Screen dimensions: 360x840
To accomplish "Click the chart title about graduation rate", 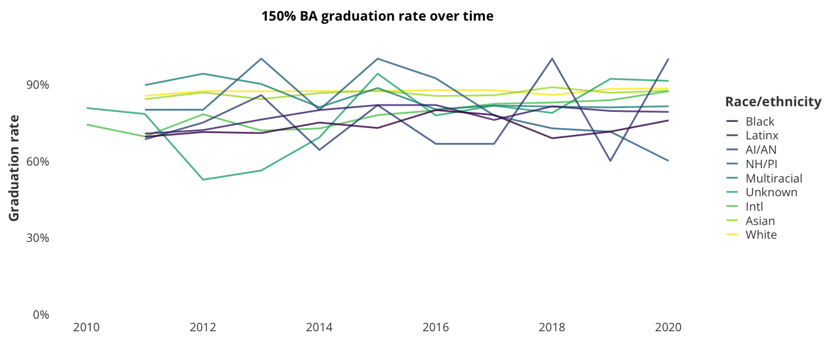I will [377, 16].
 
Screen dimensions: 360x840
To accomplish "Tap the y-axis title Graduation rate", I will [14, 167].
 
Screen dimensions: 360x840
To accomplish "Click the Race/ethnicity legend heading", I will [773, 102].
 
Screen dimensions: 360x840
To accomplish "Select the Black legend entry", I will [759, 121].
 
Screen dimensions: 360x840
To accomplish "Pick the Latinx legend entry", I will [761, 135].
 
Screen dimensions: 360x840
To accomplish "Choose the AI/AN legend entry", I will [761, 149].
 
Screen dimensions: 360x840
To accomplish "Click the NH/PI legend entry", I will [761, 164].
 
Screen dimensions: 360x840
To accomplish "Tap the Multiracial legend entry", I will [773, 178].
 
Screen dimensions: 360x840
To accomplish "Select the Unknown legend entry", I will [771, 192].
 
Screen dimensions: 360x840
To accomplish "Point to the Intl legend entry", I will [754, 206].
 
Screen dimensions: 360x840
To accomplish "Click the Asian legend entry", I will [760, 221].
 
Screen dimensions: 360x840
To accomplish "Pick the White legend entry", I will [761, 235].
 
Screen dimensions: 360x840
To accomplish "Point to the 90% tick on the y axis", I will [37, 85].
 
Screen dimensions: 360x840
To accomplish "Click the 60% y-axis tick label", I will [37, 161].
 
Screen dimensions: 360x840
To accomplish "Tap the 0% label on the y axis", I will [41, 314].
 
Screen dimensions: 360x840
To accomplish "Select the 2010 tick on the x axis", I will [86, 327].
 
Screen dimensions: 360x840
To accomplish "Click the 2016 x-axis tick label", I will [436, 327].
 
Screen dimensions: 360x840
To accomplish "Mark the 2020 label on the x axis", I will [668, 327].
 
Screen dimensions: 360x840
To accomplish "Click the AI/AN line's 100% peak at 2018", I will [552, 59].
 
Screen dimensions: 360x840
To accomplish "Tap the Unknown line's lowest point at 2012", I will [202, 179].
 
